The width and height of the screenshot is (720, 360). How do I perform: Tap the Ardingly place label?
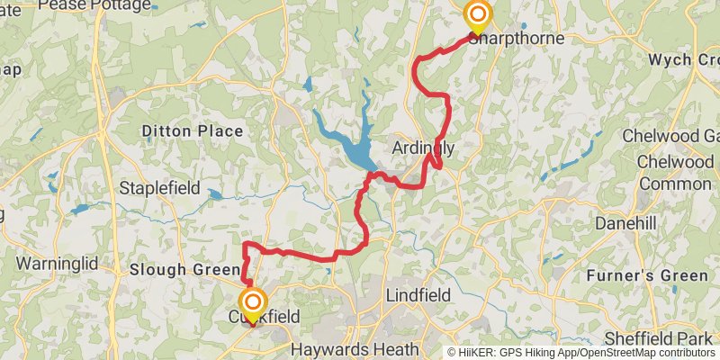[424, 148]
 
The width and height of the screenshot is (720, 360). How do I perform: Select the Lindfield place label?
[418, 295]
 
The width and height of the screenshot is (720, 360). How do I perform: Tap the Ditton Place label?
[193, 131]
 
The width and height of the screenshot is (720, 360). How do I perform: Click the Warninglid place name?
[57, 265]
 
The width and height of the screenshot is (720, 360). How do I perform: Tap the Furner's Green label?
[647, 274]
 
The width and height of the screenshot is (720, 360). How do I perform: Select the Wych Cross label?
[684, 60]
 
